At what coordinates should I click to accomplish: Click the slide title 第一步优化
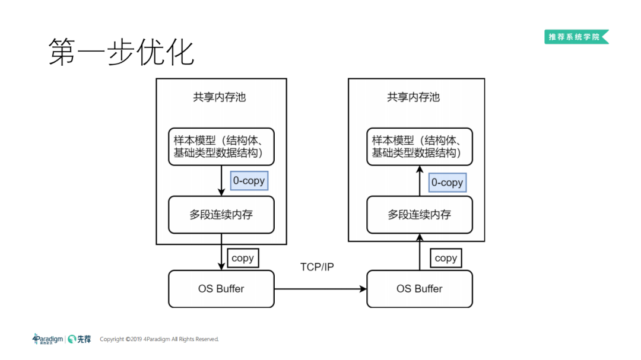[x=121, y=52]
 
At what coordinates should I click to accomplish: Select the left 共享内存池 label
[x=219, y=97]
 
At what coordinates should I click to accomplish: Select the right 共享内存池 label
[x=413, y=97]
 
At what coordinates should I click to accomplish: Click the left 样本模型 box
[x=221, y=146]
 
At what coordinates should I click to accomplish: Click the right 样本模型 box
[x=420, y=146]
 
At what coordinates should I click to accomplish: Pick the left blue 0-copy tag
[x=249, y=181]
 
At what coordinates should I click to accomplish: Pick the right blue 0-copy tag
[x=447, y=183]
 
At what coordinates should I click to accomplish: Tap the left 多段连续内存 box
[x=221, y=214]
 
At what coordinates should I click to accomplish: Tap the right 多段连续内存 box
[x=420, y=214]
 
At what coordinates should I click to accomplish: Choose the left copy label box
[x=242, y=258]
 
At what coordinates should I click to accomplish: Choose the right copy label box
[x=445, y=258]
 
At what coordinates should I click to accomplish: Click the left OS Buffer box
[x=221, y=289]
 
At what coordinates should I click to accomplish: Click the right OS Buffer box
[x=420, y=289]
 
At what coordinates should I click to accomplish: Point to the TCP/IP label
[x=317, y=267]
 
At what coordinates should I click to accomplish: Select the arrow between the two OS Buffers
[x=320, y=289]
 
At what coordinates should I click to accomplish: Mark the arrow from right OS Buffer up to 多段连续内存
[x=420, y=252]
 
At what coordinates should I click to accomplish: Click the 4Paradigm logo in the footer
[x=47, y=339]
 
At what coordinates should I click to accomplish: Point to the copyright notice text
[x=159, y=339]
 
